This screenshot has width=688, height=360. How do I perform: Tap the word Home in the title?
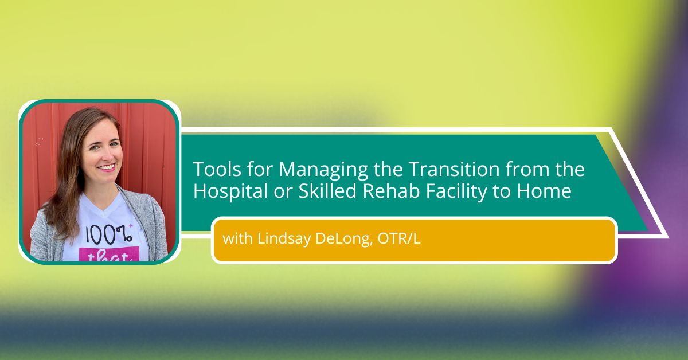pos(544,191)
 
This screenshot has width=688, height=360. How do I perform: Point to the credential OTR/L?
pos(399,238)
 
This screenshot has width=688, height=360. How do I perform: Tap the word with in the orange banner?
pos(237,238)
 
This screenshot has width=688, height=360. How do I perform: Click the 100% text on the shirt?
pos(108,235)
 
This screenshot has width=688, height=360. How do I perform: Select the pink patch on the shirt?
pos(109,255)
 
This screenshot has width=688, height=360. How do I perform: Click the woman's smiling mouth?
pos(107,167)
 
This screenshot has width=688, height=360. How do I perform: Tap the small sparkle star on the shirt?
pos(131,226)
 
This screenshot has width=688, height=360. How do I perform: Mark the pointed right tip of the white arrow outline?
pos(668,237)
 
